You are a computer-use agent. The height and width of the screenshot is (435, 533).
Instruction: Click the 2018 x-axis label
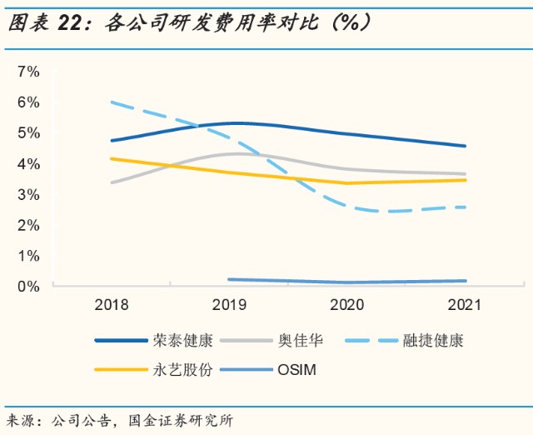click(x=111, y=306)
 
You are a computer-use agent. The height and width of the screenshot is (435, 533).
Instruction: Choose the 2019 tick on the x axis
click(x=229, y=306)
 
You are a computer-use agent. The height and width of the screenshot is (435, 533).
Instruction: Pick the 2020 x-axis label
click(x=347, y=306)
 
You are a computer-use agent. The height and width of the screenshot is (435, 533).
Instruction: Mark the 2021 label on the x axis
click(x=465, y=306)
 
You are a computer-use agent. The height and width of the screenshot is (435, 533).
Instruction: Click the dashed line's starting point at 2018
click(x=112, y=102)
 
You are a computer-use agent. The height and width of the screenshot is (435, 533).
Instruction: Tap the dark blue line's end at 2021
click(x=465, y=146)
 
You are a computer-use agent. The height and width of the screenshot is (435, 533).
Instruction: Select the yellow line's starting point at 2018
click(x=112, y=158)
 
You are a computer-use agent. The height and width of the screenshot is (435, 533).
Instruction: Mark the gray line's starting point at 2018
click(x=112, y=182)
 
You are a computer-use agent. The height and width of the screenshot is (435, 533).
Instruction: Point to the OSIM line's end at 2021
click(x=465, y=281)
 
